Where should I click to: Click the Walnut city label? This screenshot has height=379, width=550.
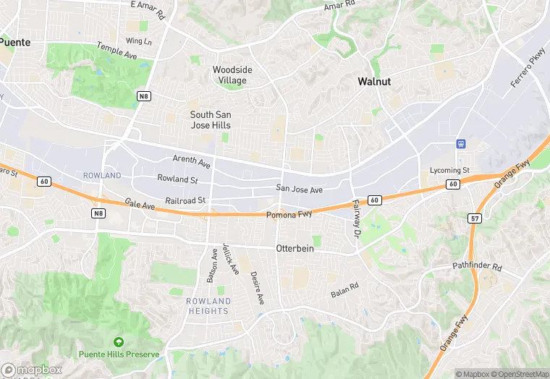point(374,82)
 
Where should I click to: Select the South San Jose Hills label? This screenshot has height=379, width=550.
point(210,120)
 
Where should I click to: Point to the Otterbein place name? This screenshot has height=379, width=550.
point(295,248)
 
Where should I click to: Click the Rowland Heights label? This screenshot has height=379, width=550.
point(208,306)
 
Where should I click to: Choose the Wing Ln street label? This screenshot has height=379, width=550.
point(138,41)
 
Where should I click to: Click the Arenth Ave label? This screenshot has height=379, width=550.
point(192,159)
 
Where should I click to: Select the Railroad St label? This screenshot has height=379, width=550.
point(186,200)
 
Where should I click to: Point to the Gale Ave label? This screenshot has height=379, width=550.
point(140,206)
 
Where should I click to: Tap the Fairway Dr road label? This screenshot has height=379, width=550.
point(356,219)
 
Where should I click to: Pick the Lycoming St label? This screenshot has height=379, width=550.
point(449,171)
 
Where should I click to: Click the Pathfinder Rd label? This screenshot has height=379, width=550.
point(477,266)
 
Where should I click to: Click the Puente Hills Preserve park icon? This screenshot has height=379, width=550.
point(119,341)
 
